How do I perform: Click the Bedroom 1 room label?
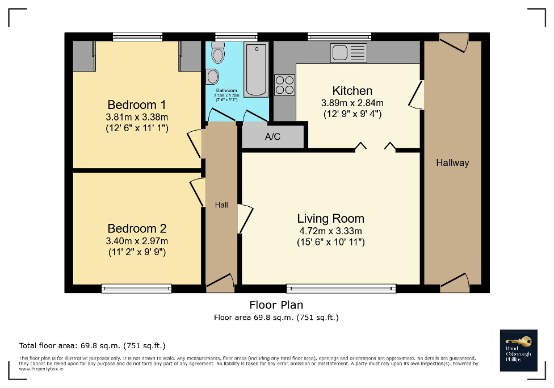click(137, 105)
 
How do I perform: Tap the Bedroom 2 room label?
click(137, 228)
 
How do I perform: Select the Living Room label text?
click(330, 219)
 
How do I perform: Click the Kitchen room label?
click(352, 91)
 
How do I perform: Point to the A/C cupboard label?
click(272, 137)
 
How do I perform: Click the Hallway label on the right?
click(452, 163)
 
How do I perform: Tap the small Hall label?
click(221, 205)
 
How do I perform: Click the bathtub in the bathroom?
click(257, 69)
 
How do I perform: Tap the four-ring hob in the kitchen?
click(285, 85)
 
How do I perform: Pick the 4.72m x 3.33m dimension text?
click(330, 231)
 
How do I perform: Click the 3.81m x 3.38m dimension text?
click(137, 117)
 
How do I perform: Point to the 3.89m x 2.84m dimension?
click(352, 103)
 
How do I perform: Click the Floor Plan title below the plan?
click(276, 305)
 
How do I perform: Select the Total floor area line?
click(92, 345)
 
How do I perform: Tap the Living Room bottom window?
click(341, 288)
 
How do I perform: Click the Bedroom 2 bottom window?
click(137, 288)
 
